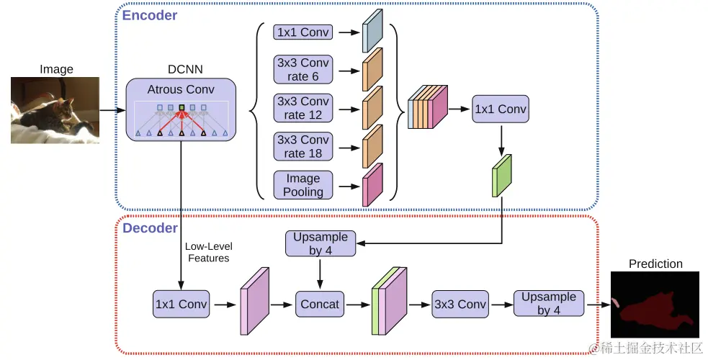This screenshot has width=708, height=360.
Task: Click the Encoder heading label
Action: (150, 15)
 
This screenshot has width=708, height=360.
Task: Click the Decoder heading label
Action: (150, 228)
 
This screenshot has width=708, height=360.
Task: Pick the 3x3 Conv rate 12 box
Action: (303, 108)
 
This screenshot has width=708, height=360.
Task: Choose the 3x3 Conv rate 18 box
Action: (303, 146)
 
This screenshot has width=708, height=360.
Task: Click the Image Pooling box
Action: (303, 184)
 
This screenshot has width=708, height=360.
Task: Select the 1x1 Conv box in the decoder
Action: (181, 304)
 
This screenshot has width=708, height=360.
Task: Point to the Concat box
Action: (319, 304)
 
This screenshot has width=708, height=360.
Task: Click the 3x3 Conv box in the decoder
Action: (460, 304)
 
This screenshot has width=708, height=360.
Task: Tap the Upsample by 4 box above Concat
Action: (321, 243)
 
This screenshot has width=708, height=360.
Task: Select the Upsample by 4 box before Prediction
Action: (548, 304)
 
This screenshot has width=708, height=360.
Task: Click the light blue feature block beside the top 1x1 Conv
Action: (372, 32)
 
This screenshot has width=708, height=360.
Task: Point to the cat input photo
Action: (56, 111)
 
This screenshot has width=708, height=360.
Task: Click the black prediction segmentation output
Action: (655, 306)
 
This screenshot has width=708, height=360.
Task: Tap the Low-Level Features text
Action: (208, 252)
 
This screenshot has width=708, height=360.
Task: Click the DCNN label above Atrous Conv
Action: (185, 70)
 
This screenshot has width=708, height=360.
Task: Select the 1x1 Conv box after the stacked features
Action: (501, 109)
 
